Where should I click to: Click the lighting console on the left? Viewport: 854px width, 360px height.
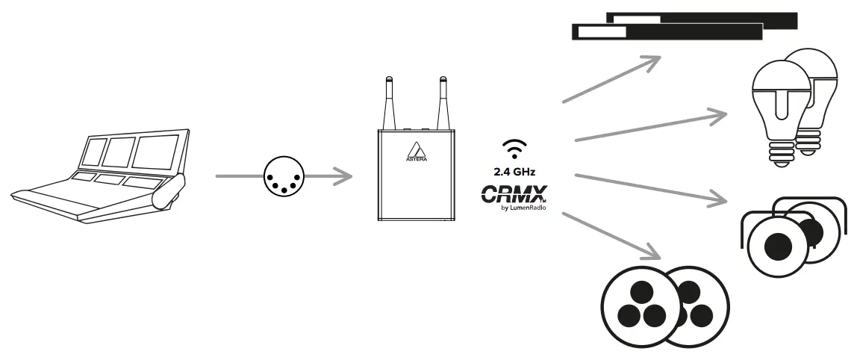coord(97,179)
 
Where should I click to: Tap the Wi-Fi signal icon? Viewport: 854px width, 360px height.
coord(512,149)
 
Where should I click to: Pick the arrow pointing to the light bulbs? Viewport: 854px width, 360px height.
coord(649,127)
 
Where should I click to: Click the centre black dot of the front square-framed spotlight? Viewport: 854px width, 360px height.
coord(777,244)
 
